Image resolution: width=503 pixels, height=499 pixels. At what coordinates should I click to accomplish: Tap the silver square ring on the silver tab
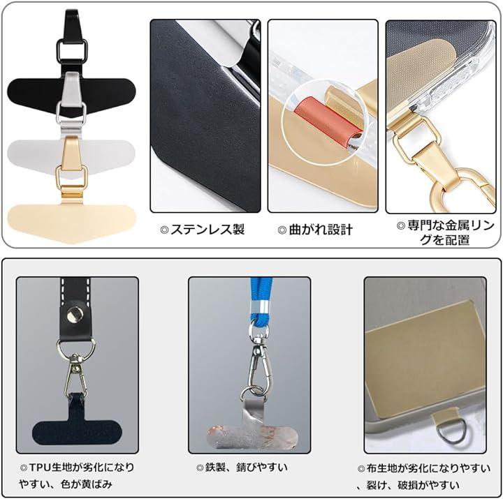58,113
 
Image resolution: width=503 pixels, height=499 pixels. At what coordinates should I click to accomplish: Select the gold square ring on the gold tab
58,177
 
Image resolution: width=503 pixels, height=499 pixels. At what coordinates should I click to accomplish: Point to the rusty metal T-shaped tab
252,429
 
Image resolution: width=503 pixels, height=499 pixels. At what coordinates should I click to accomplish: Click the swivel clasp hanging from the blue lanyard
258,362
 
